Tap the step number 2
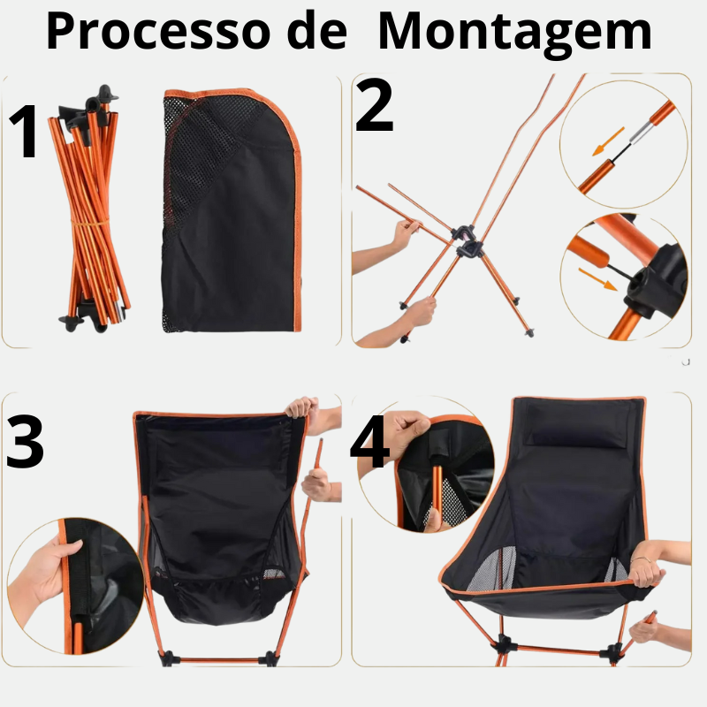coord(374,105)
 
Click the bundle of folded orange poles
coord(89,212)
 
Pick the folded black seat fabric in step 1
coord(232,212)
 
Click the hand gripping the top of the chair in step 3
coord(301,408)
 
